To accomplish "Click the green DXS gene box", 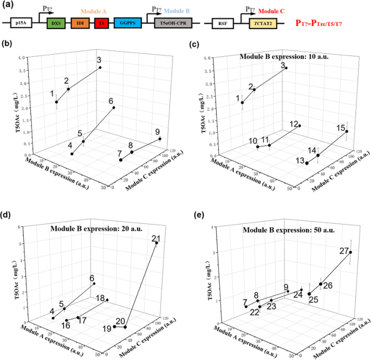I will tap(56, 24).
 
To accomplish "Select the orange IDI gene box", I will tap(80, 24).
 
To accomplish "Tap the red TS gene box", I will tap(101, 24).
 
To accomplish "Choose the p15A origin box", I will tap(20, 24).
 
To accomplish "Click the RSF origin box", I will tap(223, 24).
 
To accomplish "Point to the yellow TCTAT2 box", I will tap(263, 24).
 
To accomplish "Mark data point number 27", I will tap(350, 252).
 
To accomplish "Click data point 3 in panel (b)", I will tap(100, 68).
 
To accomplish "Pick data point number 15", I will tap(347, 132).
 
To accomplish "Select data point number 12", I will tap(300, 126).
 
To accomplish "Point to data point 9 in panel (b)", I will tap(160, 139).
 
